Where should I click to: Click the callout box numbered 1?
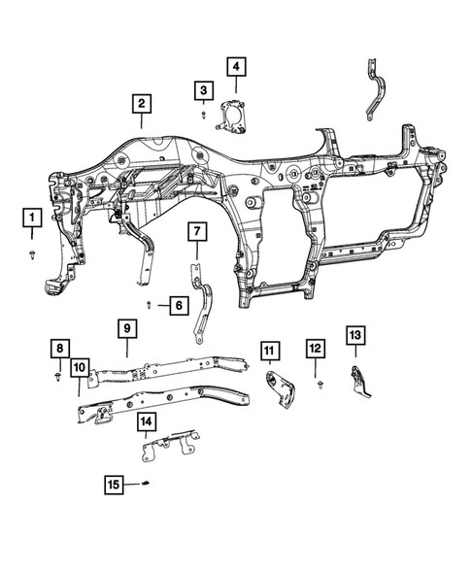32,217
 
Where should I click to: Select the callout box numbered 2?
141,104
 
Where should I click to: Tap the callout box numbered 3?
202,90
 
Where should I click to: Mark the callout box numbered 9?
126,329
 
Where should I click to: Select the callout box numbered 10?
78,366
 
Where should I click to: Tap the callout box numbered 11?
268,349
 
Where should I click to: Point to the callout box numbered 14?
146,421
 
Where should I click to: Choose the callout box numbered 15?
115,483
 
